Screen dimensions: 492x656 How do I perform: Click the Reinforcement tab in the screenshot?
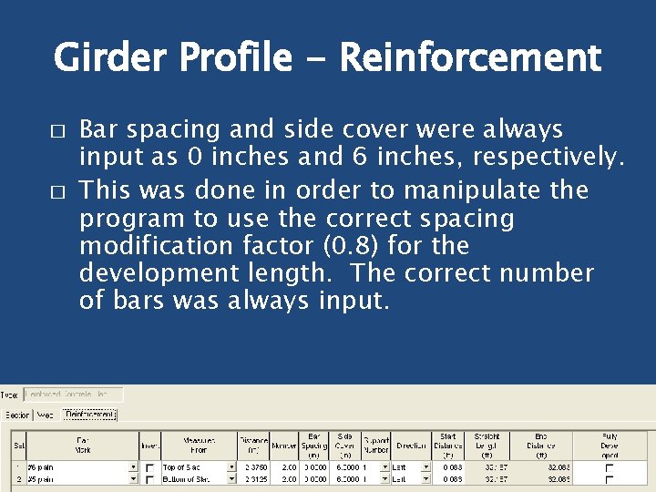(89, 415)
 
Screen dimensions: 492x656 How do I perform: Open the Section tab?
(16, 415)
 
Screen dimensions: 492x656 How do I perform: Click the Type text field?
(73, 395)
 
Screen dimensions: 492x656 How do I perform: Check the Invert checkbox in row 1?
(149, 466)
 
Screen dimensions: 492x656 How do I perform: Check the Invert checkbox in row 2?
(149, 478)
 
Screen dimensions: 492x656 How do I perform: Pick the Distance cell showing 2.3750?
(254, 466)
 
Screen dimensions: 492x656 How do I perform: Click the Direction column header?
(411, 446)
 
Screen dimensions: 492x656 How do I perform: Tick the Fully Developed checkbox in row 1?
(610, 466)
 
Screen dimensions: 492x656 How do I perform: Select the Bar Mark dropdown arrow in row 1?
(132, 466)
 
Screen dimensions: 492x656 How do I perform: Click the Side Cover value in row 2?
(347, 478)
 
